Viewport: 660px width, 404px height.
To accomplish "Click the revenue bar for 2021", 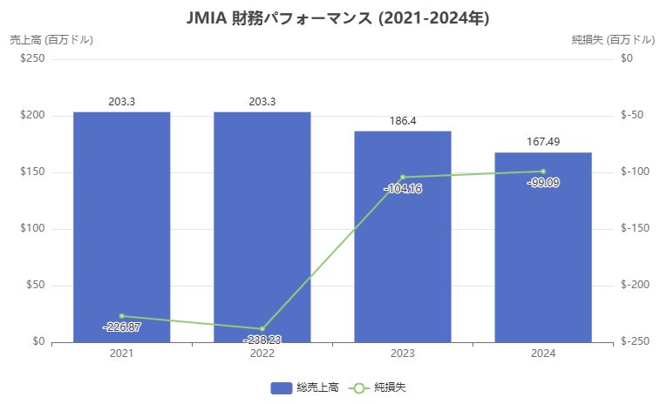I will [121, 226].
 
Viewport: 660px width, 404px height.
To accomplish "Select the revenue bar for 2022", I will [262, 226].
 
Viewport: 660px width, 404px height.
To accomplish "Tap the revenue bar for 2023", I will [402, 236].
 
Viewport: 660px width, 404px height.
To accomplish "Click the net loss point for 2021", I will [121, 316].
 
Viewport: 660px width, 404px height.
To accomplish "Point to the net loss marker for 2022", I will [262, 329].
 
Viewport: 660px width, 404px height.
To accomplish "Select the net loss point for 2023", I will [402, 177].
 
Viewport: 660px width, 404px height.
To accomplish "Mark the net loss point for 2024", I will [542, 172].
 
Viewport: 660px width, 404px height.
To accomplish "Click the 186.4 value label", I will [402, 121].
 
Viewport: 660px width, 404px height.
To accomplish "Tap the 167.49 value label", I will [542, 141].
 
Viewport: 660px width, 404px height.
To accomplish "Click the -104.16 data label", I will [402, 188].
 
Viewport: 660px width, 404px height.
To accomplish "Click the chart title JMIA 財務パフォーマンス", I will [330, 17].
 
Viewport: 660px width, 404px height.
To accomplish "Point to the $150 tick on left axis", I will [33, 172].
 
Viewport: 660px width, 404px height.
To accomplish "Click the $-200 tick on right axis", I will [631, 286].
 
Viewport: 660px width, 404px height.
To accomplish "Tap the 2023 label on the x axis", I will [402, 353].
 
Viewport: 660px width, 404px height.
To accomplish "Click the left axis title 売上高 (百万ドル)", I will [51, 39].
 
